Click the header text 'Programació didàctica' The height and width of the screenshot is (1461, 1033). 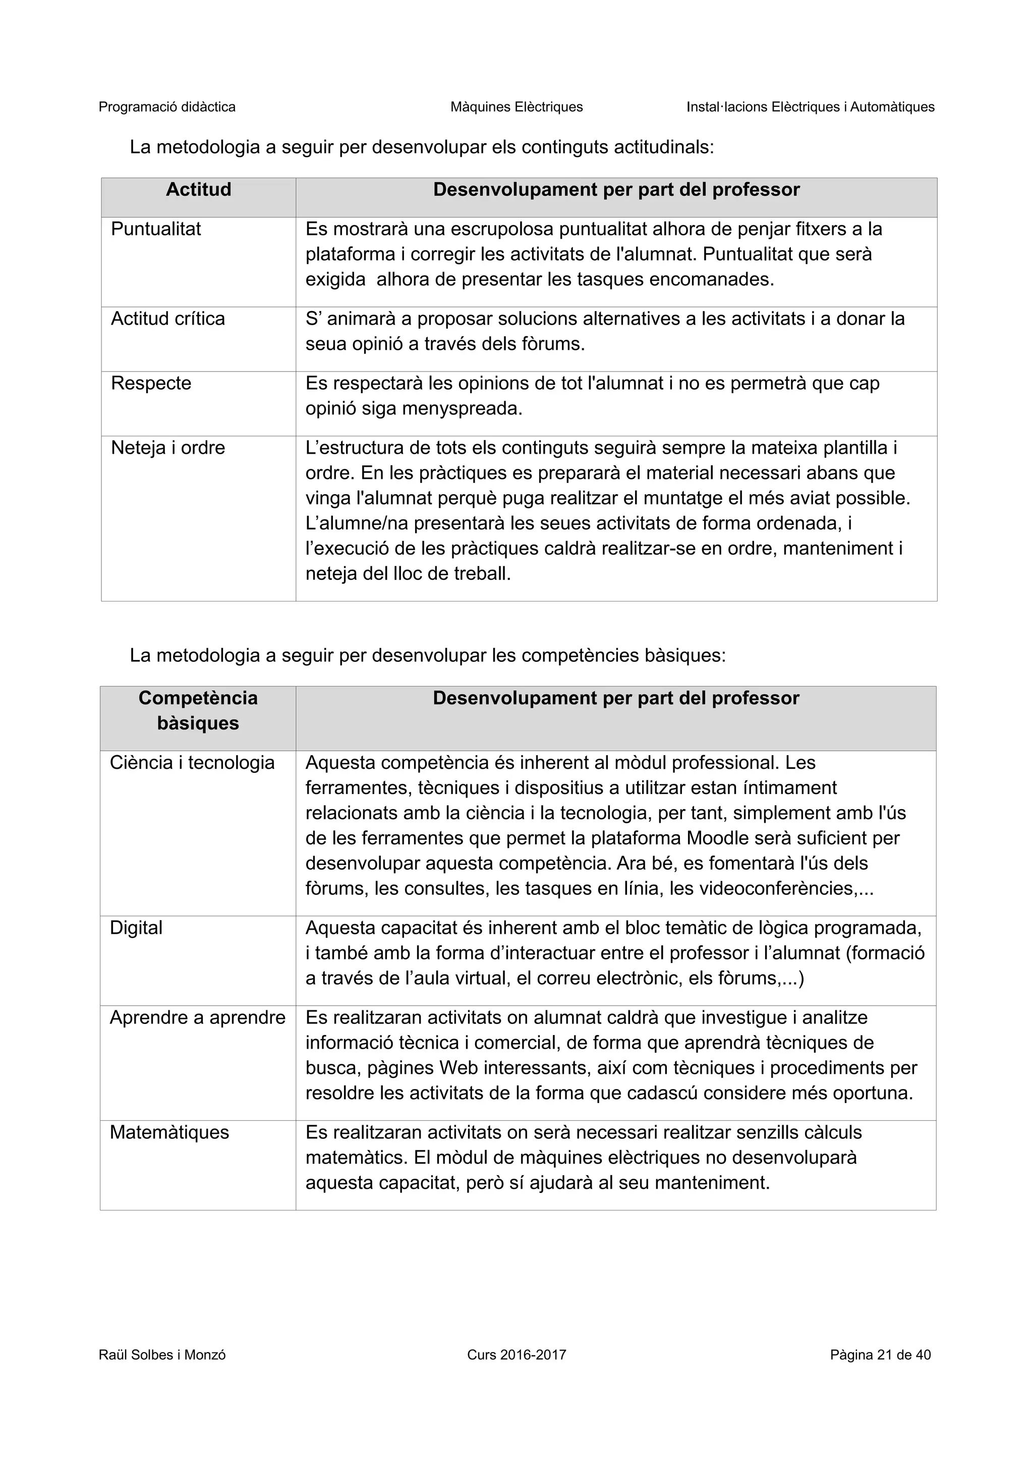pos(167,107)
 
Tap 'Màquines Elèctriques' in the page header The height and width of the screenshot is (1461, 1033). pos(516,107)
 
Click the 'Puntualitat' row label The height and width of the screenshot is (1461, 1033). pos(155,229)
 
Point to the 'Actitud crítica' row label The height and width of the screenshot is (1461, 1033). pos(167,319)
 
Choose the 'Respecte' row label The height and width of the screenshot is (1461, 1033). pos(151,383)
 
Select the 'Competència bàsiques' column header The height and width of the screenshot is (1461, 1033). pos(198,710)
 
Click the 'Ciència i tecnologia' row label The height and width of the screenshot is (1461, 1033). pos(192,762)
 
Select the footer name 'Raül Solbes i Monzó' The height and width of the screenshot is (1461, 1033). pos(162,1355)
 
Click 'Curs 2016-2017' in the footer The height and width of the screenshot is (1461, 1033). pos(516,1355)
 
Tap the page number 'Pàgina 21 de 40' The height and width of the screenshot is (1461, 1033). pos(880,1355)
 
